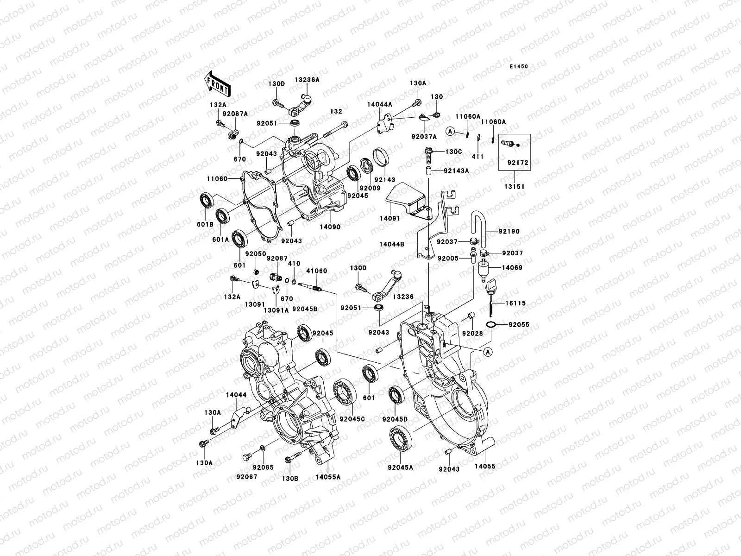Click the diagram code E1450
pyautogui.click(x=519, y=67)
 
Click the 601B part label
pyautogui.click(x=206, y=224)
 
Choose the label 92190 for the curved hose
pyautogui.click(x=509, y=231)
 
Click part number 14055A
pyautogui.click(x=328, y=476)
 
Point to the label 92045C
pyautogui.click(x=352, y=419)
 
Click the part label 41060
pyautogui.click(x=316, y=271)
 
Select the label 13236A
pyautogui.click(x=307, y=80)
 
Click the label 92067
pyautogui.click(x=246, y=476)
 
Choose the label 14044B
pyautogui.click(x=392, y=243)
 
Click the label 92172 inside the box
pyautogui.click(x=517, y=163)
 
